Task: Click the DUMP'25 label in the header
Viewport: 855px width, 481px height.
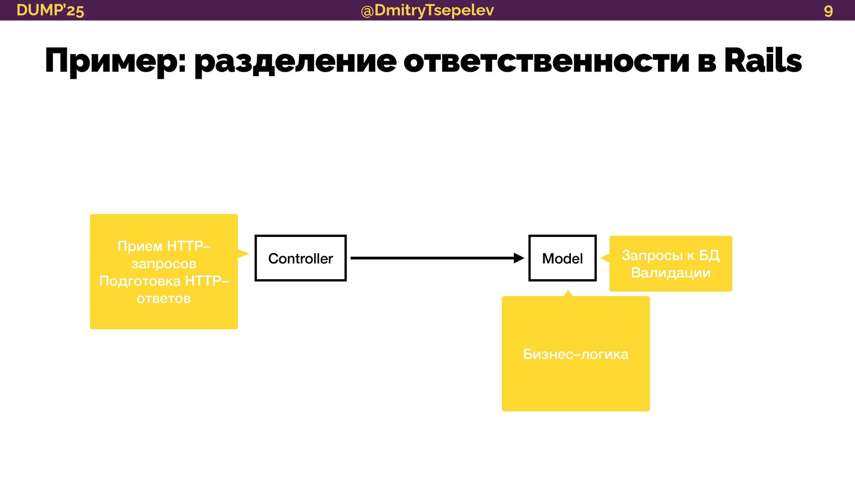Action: click(x=50, y=10)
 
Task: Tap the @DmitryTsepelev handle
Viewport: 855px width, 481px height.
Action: click(x=427, y=10)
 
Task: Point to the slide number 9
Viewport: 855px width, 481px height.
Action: click(x=828, y=11)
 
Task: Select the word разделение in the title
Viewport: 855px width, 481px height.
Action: click(x=295, y=61)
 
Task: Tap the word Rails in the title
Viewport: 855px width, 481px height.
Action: click(x=763, y=61)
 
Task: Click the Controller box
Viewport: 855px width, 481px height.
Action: click(x=301, y=258)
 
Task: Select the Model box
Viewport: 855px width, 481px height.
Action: click(x=562, y=258)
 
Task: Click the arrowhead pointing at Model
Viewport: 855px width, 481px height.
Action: click(x=519, y=258)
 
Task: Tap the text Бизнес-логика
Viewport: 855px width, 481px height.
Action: click(x=575, y=355)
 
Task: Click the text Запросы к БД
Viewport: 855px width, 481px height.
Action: click(x=671, y=255)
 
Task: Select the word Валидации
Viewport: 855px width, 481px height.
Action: click(x=671, y=273)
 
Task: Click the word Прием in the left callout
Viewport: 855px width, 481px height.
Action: click(x=140, y=246)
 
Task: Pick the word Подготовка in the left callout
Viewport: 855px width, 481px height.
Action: click(x=140, y=281)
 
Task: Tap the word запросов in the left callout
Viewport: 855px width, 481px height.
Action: click(x=163, y=264)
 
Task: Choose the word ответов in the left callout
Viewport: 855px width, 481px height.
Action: click(x=163, y=298)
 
